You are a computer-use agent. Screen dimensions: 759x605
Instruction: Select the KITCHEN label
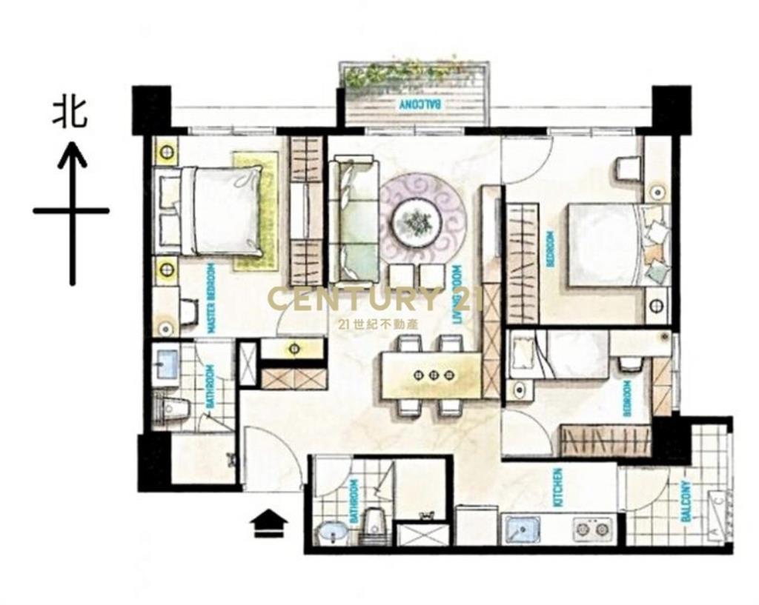558,487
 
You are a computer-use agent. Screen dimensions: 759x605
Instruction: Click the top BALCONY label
420,104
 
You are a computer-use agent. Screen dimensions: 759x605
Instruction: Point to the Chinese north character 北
70,113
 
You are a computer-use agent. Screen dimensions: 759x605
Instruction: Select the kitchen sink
523,529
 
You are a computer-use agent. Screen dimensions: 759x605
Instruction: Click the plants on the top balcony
411,75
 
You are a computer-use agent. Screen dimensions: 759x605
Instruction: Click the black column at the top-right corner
672,110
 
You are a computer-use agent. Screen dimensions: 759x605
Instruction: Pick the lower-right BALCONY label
686,501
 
